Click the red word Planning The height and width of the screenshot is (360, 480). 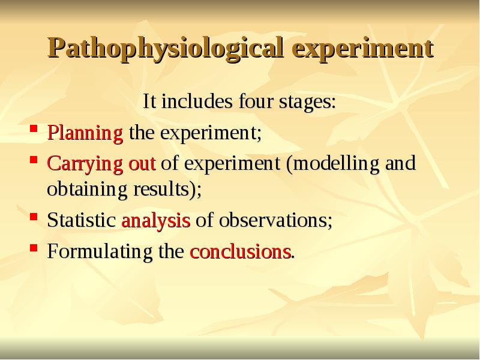(85, 133)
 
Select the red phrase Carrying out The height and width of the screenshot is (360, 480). (101, 164)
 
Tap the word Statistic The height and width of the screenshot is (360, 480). (82, 220)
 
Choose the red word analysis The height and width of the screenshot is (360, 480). (155, 220)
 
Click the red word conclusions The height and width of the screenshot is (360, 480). (240, 251)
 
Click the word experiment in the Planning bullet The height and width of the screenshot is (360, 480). (209, 133)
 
